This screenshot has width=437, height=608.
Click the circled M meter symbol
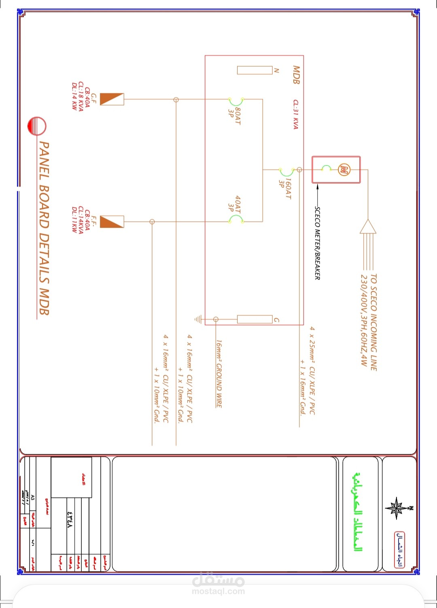344,169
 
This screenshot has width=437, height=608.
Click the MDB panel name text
296,75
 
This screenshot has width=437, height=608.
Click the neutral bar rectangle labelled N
255,70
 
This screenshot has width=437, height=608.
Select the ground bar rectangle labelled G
255,320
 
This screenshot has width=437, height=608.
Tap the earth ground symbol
198,320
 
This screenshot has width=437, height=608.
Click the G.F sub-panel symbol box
112,99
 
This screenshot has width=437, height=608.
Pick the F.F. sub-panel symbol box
112,222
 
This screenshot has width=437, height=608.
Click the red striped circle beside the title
37,126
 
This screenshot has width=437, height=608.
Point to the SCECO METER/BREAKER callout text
317,243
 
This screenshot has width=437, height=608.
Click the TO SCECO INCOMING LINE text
373,322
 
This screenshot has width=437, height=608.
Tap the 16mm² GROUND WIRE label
218,373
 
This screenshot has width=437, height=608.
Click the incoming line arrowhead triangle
368,227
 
